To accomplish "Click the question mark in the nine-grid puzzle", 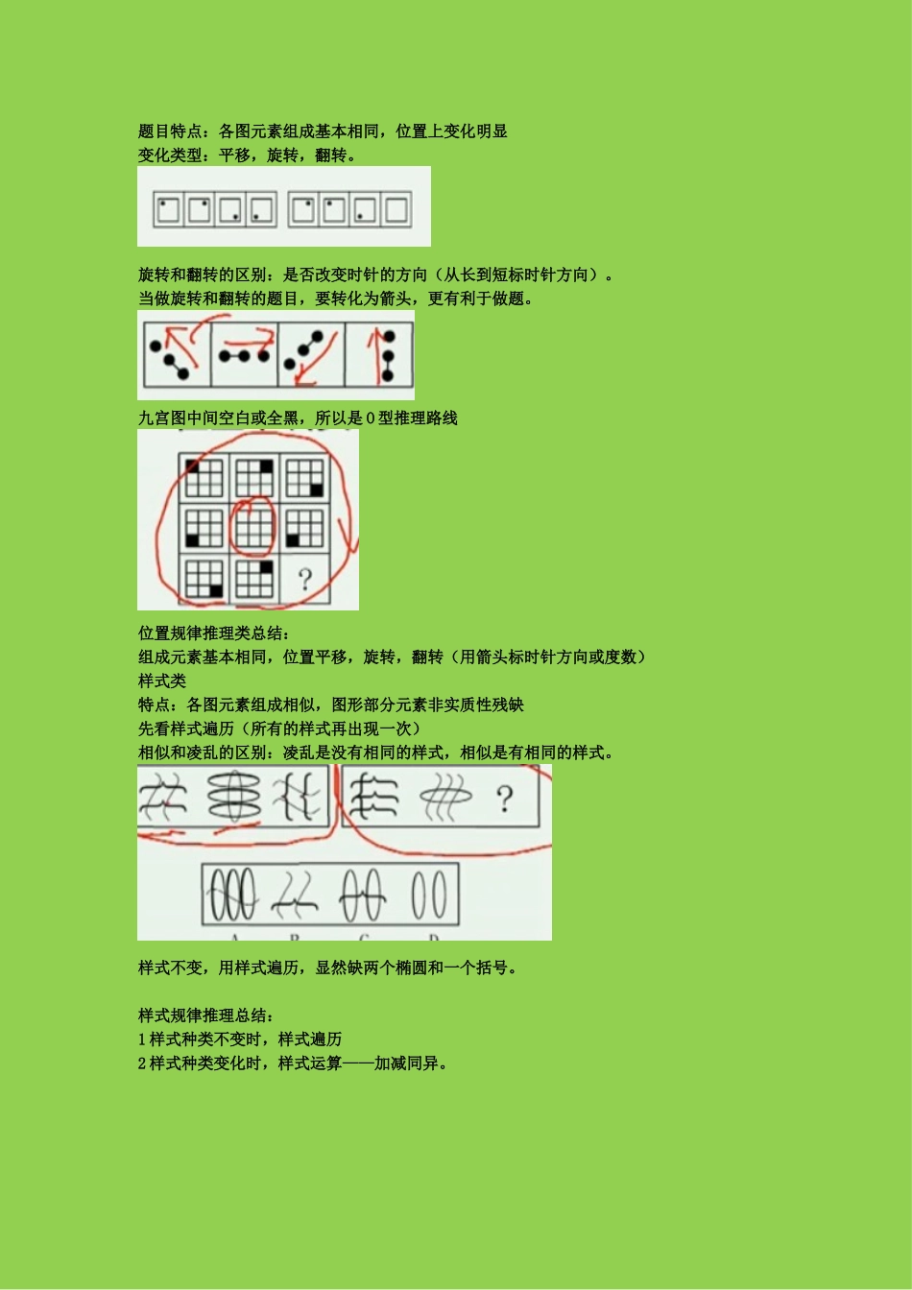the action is tap(305, 580).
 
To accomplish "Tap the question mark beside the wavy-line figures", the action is tap(505, 799).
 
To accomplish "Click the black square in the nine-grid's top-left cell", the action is tap(192, 466).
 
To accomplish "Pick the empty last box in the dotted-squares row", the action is tap(396, 209).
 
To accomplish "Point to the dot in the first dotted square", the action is tap(163, 203).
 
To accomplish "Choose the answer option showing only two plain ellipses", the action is tap(429, 895).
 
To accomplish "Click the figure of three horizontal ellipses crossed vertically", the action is tap(234, 796).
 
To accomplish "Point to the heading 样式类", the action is tap(162, 681).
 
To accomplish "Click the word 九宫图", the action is tap(162, 418).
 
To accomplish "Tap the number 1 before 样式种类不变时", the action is tap(142, 1039).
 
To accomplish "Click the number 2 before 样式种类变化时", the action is tap(142, 1063).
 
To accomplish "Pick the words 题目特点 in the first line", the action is tap(170, 131).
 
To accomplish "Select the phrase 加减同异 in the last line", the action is tap(406, 1063).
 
